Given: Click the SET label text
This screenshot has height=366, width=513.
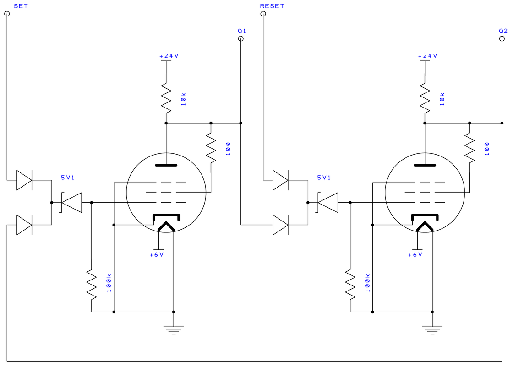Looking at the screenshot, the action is (21, 6).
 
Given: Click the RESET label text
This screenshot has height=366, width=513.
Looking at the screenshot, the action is (272, 6).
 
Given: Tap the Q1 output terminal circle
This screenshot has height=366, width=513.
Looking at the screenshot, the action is (241, 38).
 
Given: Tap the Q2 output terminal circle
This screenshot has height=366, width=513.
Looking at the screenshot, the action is (502, 38).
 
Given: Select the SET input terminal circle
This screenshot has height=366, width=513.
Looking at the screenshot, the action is (7, 14).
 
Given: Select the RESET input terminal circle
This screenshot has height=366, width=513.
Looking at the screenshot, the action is (263, 14).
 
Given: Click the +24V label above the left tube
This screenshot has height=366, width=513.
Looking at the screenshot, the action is (169, 56).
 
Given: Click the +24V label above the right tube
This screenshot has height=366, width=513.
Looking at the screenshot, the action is (428, 56).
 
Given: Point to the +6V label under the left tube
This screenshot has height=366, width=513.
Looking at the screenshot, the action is (156, 254).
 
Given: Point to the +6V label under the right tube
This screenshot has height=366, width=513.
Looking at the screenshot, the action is (415, 254).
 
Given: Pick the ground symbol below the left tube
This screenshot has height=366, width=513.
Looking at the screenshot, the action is (174, 330).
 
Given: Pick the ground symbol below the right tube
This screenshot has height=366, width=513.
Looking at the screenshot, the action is (432, 330).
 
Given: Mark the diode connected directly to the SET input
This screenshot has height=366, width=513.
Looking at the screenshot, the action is (24, 180).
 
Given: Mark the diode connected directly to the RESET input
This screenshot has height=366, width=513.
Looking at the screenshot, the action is (280, 180).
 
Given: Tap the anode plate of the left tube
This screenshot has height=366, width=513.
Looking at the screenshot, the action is (166, 165).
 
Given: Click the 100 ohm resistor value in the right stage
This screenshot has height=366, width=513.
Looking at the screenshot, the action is (487, 149).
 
